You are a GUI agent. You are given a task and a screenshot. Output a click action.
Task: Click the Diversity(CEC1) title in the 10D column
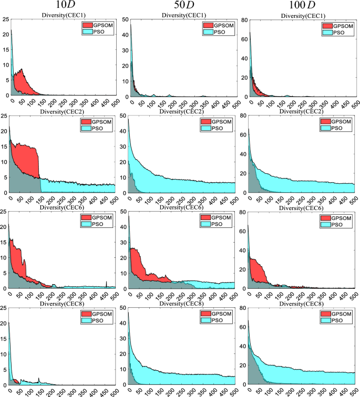tap(62, 15)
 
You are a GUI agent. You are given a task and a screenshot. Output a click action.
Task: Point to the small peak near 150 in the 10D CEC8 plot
tap(39, 379)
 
